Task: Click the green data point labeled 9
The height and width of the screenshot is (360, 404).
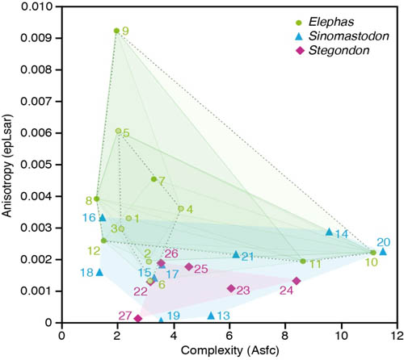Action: (116, 31)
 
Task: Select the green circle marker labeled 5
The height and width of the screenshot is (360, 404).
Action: (118, 131)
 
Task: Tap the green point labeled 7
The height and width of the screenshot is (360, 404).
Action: (154, 179)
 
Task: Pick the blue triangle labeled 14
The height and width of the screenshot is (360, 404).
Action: (329, 232)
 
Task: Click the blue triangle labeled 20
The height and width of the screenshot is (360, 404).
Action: (383, 251)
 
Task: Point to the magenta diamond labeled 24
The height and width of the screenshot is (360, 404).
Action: (297, 281)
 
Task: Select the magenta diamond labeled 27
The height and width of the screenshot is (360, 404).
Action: (138, 319)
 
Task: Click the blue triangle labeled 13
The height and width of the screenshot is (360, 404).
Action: (211, 315)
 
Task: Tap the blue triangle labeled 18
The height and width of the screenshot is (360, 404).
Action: (99, 272)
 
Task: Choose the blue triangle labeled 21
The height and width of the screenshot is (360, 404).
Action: (236, 254)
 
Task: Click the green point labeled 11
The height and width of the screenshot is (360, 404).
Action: (303, 262)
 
